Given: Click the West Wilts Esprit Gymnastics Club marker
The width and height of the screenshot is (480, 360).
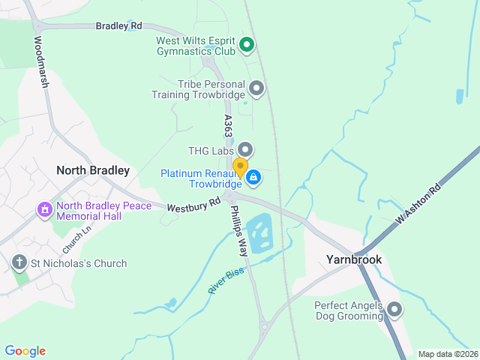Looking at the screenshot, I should tap(247, 46).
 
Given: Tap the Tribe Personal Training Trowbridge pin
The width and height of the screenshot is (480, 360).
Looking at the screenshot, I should tap(256, 89).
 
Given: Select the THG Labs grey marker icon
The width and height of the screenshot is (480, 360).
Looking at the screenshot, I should tap(245, 151).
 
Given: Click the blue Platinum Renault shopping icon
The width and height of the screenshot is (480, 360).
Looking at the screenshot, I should tap(253, 177).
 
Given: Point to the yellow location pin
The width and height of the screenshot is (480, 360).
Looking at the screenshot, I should tap(240, 167).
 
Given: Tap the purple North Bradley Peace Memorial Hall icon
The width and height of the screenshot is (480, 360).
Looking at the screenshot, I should tap(44, 208).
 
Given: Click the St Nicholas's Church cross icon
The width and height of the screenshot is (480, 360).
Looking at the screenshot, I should tap(19, 263).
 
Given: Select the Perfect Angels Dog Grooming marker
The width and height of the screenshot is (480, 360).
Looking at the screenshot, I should tap(394, 310).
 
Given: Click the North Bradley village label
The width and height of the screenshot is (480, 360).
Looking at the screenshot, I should tap(93, 170).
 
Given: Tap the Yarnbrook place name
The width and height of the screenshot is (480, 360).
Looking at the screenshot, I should tap(354, 259).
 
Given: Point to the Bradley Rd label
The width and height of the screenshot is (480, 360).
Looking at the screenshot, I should tap(118, 25).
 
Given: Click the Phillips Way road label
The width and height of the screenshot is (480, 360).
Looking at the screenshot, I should tap(238, 232).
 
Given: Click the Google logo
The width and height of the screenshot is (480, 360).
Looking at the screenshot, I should tap(25, 351).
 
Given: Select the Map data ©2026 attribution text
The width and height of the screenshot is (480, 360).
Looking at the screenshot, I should tap(447, 354).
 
